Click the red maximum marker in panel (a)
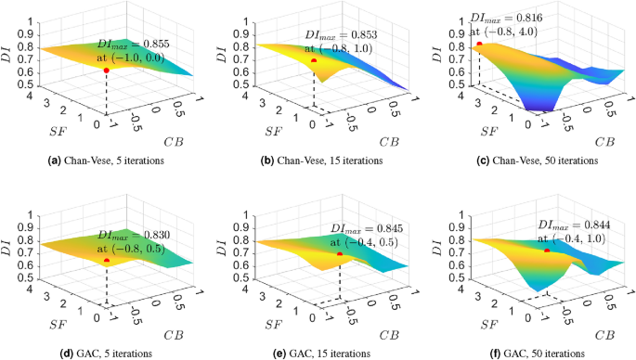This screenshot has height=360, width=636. coord(107,71)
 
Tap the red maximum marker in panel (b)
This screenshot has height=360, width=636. coord(314,60)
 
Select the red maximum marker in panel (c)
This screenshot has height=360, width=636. coord(479,44)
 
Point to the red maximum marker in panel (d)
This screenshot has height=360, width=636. coord(107,261)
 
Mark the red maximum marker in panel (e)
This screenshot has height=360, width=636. coord(340,254)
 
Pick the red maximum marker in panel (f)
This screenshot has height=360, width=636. coord(548,251)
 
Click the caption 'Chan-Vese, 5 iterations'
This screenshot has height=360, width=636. coord(105,161)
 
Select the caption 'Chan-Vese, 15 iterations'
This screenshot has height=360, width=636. coord(318,161)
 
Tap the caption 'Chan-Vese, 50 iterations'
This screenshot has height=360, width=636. coord(529,161)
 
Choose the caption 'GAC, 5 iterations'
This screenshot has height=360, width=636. coord(105,354)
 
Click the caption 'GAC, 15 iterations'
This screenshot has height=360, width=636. coord(318,354)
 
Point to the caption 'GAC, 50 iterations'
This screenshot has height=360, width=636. coord(530,354)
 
